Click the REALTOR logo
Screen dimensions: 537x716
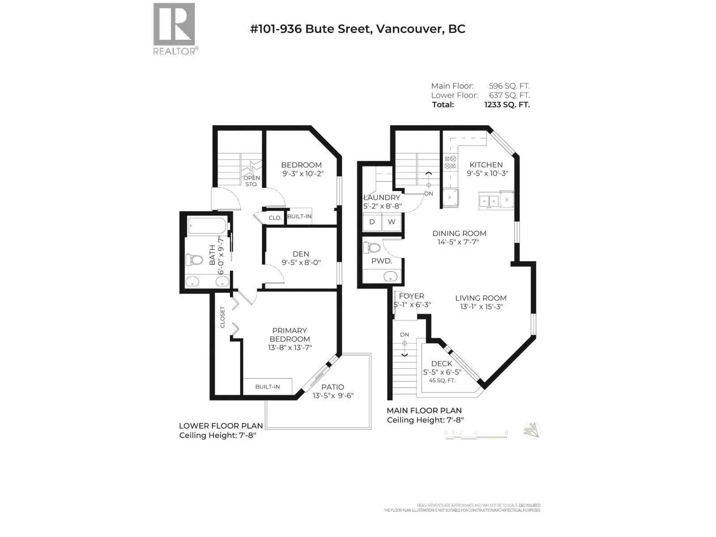tap(174, 28)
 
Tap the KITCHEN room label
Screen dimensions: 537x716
tap(486, 165)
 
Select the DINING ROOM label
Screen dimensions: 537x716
tap(459, 233)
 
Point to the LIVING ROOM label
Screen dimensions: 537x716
tap(481, 298)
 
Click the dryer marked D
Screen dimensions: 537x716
tap(372, 222)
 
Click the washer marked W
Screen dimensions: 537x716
tap(392, 222)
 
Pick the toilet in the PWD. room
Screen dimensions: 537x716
tap(372, 247)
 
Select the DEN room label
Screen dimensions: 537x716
tap(301, 254)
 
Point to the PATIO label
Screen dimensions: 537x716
tap(332, 387)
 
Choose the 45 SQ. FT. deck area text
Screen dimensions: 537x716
tap(442, 380)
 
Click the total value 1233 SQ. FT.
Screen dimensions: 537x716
tap(507, 105)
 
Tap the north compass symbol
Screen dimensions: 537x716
tap(532, 431)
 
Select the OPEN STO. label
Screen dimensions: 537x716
tap(251, 181)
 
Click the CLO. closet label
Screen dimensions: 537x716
tap(275, 218)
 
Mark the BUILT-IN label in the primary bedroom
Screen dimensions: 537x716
tap(268, 387)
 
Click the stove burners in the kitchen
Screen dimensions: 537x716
tap(450, 162)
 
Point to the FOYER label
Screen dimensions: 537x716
tap(411, 296)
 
